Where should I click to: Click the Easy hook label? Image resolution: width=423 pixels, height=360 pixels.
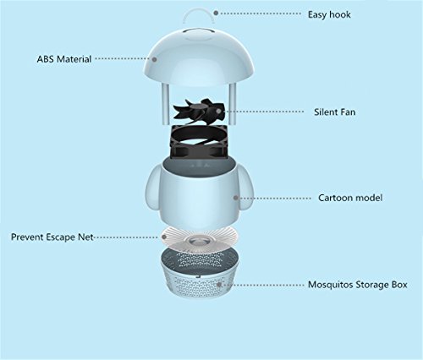click(x=329, y=14)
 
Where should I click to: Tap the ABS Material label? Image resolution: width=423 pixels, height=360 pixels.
click(x=64, y=59)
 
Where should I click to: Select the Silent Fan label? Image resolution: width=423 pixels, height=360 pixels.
click(x=335, y=112)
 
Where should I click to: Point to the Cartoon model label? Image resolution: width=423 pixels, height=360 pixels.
click(x=350, y=198)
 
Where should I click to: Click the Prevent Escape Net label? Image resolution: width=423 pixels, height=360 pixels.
click(x=52, y=237)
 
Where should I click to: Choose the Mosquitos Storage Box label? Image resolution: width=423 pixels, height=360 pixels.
click(x=358, y=285)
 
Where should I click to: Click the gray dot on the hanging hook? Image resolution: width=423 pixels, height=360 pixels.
click(x=216, y=13)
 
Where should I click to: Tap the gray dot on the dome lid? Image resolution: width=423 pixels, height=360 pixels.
click(x=154, y=59)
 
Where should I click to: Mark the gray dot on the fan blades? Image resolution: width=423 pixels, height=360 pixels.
click(x=218, y=112)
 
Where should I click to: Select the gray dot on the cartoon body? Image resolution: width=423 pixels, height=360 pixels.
click(x=236, y=198)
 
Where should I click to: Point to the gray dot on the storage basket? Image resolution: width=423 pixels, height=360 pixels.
click(x=219, y=285)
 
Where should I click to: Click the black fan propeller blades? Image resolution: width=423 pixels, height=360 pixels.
click(x=199, y=111)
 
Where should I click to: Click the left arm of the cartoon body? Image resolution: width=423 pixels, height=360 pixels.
click(x=152, y=188)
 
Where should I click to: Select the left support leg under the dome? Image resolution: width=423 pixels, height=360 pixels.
click(x=165, y=104)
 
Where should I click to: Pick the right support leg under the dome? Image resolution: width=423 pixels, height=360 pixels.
click(x=233, y=104)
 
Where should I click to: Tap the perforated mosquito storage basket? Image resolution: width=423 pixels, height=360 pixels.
click(x=200, y=273)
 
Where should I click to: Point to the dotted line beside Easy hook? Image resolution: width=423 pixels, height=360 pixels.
click(x=261, y=14)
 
